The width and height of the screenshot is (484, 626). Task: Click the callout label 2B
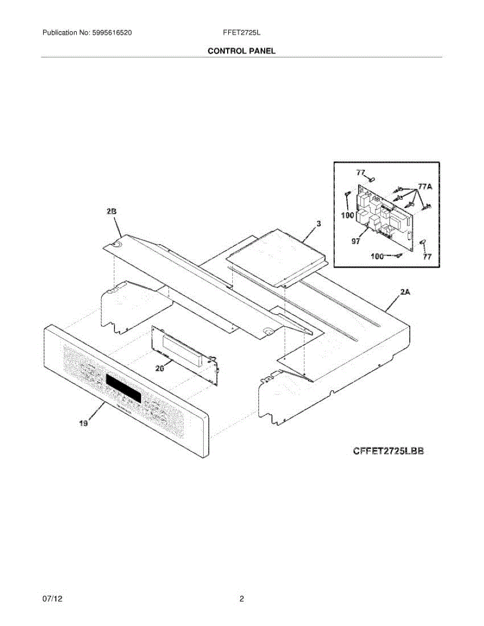[x=111, y=211]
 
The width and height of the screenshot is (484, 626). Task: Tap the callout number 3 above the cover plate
[x=319, y=224]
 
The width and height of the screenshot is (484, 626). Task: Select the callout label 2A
[x=405, y=293]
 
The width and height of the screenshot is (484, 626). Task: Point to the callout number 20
[x=160, y=369]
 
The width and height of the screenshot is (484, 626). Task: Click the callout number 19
[x=83, y=424]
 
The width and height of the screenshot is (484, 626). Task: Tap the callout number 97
[x=356, y=242]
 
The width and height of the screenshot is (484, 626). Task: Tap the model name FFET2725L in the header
[x=241, y=33]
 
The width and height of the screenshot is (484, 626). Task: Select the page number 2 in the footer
[x=242, y=599]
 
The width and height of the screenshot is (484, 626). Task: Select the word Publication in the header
[x=61, y=33]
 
